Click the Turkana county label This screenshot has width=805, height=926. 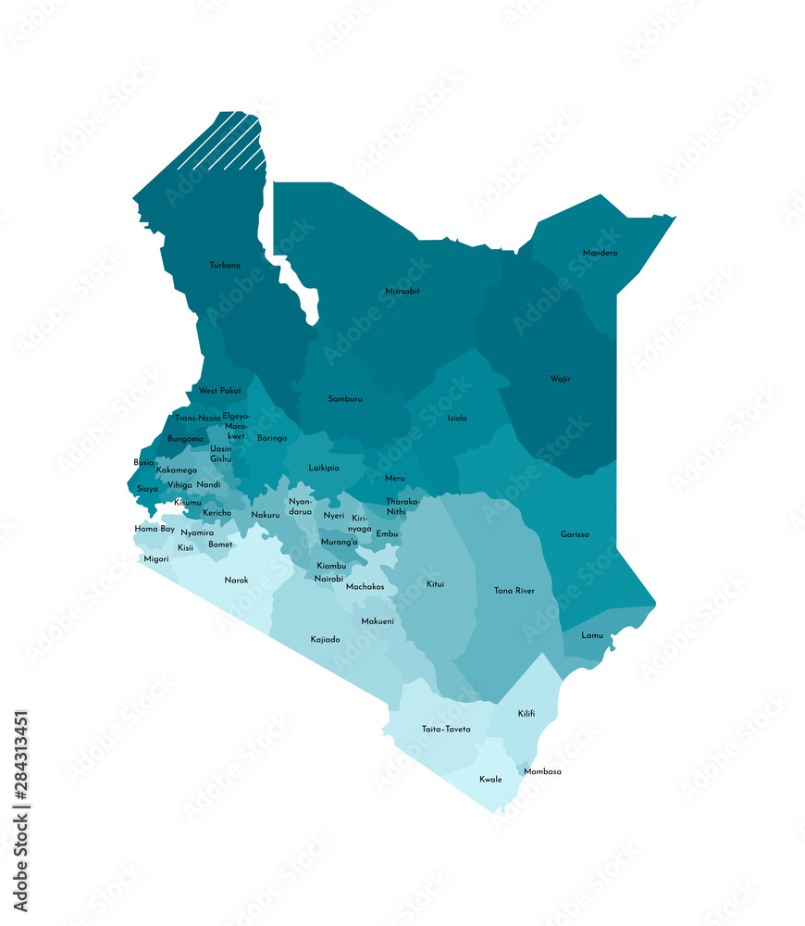[225, 266]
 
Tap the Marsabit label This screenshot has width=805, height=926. [402, 292]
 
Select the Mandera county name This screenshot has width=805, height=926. [601, 253]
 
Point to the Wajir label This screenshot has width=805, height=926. [560, 379]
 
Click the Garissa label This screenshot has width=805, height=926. [575, 534]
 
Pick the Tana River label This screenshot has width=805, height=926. [514, 590]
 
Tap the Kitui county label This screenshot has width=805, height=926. [435, 584]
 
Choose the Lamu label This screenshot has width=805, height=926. [592, 635]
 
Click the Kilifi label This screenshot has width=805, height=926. [526, 713]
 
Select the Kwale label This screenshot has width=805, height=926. [490, 779]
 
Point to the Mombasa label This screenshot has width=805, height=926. [542, 771]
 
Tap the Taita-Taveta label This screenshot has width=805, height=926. [446, 729]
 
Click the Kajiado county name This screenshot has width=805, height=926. [325, 639]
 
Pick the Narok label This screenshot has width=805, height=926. [236, 581]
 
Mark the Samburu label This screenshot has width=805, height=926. [345, 399]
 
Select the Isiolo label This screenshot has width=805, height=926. [457, 419]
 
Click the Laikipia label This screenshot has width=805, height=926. [324, 468]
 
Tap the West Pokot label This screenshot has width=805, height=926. [219, 391]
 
